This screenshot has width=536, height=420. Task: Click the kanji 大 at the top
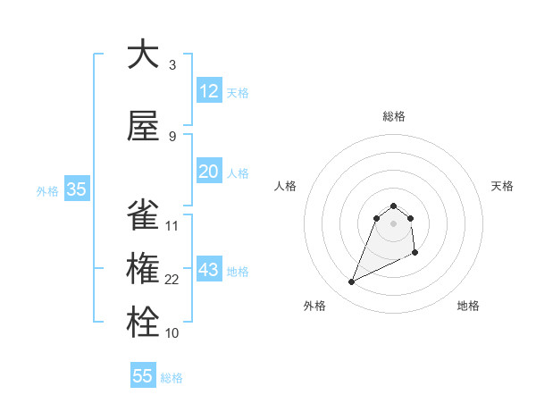click(143, 55)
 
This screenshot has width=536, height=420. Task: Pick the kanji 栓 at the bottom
click(143, 323)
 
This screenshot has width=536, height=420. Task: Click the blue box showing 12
click(209, 91)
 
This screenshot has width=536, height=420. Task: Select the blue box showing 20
click(209, 172)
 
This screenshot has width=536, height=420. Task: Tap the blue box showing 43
click(209, 271)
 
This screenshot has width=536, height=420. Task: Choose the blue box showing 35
click(76, 189)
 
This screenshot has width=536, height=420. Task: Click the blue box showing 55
click(143, 376)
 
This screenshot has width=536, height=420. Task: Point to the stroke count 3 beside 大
click(172, 65)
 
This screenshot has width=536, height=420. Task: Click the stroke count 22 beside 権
click(172, 280)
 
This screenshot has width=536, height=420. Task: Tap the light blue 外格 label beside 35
click(47, 190)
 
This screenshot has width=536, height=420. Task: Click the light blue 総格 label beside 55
click(172, 377)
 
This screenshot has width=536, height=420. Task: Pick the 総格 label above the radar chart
click(393, 116)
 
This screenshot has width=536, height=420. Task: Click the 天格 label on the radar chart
click(502, 186)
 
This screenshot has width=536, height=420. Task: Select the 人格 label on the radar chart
click(286, 186)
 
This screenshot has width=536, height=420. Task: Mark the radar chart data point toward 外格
click(351, 282)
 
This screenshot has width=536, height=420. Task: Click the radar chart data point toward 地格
click(415, 254)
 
